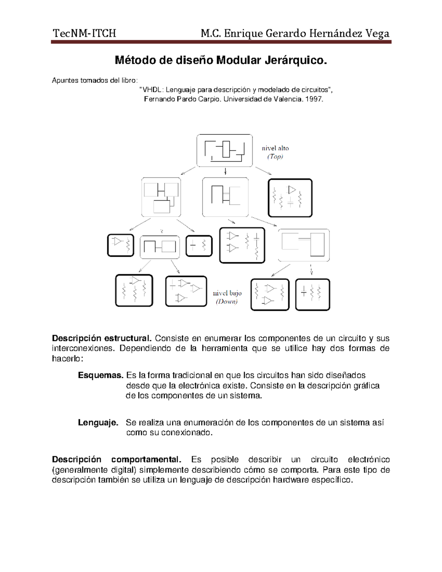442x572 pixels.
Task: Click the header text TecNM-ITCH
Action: point(84,34)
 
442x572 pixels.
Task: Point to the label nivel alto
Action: point(275,148)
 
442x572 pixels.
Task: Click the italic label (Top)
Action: point(275,157)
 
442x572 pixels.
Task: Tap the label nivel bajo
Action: point(227,293)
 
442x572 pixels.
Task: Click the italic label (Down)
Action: point(227,302)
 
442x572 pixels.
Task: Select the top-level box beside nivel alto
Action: point(224,151)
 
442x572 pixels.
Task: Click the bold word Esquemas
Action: point(100,375)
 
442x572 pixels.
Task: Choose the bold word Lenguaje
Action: point(98,422)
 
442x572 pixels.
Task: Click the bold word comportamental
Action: point(146,460)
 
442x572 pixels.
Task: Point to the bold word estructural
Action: point(128,338)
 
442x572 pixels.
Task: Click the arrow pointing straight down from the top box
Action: point(225,172)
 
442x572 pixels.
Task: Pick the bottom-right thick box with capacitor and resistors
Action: point(313,294)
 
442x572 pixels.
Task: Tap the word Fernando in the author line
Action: point(159,99)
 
